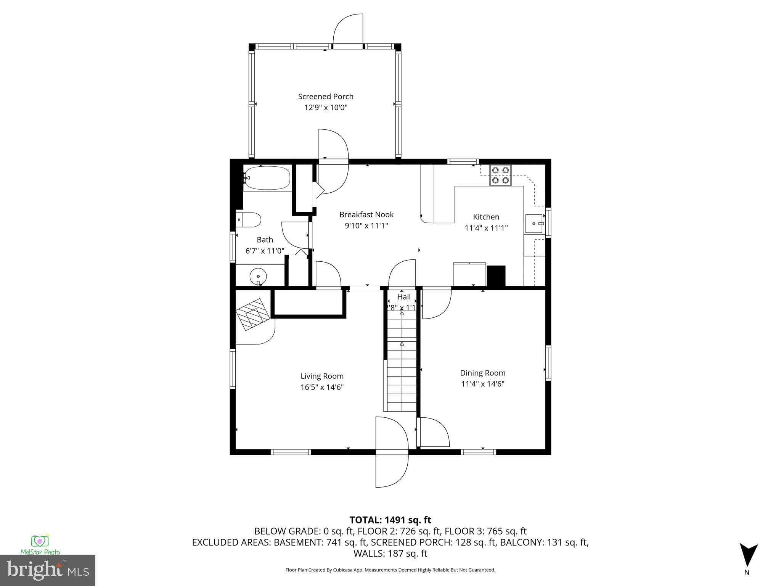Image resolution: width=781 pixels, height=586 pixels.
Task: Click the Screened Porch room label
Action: [326, 97]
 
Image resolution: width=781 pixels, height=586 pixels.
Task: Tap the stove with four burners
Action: [500, 175]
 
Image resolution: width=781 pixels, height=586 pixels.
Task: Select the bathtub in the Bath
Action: [267, 178]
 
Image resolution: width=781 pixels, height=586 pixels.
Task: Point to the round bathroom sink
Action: [258, 276]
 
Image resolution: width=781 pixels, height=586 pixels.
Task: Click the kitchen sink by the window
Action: [534, 224]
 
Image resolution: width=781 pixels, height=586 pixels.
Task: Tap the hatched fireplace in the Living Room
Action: [252, 314]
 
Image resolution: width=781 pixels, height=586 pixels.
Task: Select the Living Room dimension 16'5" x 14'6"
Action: [322, 387]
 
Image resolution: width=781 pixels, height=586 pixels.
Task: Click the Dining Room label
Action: [482, 373]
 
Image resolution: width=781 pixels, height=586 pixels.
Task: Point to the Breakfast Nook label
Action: [366, 214]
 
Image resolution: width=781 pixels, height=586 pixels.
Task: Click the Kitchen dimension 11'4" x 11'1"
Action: [486, 228]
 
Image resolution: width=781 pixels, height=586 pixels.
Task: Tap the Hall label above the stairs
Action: [404, 297]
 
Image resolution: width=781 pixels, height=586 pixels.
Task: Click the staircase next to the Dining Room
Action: [402, 374]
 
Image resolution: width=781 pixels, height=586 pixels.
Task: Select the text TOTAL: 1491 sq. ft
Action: [390, 520]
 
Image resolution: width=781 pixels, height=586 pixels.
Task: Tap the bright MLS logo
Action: [47, 570]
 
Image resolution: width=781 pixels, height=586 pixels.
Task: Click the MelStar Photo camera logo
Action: [40, 541]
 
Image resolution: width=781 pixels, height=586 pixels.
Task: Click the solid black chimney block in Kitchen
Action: [496, 276]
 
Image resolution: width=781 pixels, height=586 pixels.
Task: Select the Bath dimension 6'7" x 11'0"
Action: [265, 251]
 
